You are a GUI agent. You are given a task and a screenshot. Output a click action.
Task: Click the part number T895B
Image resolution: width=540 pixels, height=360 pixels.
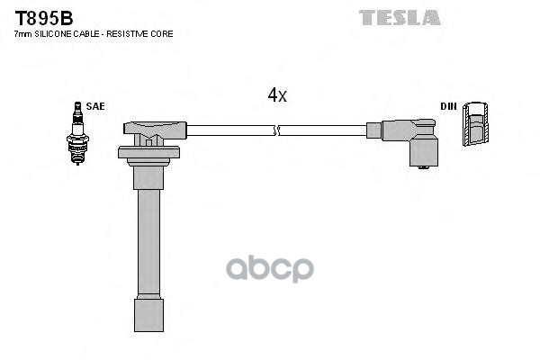pos(44,18)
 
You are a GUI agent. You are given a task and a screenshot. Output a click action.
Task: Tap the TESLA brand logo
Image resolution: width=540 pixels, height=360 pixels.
pos(400,18)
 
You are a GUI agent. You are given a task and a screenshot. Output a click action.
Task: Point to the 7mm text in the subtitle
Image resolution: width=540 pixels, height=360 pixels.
pos(22,34)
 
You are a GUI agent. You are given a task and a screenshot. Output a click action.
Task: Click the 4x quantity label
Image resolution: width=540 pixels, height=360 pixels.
pos(277,94)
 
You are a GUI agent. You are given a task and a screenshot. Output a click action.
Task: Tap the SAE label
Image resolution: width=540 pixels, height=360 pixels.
pos(95,106)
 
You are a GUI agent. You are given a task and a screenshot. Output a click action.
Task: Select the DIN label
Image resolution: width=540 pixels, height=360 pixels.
pos(448,106)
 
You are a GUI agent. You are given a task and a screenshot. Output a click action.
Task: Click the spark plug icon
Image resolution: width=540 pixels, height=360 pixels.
pos(77,133)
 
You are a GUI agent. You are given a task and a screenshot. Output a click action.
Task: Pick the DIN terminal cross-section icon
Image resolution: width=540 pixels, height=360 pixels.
pos(475,123)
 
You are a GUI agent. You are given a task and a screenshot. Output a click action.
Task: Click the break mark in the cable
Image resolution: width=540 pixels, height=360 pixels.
pos(277,130)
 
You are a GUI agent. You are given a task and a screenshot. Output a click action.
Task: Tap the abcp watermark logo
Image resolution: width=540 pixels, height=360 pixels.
pos(270,269)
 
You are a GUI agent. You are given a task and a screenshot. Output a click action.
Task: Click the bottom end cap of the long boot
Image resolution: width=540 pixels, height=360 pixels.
pos(148,315)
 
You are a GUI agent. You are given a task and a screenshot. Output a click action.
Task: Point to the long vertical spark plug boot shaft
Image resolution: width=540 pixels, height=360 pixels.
pos(148,242)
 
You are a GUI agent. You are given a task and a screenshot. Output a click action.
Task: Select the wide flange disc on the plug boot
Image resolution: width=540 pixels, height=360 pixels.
pos(148,152)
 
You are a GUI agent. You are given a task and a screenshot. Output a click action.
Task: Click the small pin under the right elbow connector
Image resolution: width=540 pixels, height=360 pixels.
pos(423,167)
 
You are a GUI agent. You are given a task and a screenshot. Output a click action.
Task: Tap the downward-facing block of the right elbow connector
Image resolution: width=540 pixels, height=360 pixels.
pos(423,150)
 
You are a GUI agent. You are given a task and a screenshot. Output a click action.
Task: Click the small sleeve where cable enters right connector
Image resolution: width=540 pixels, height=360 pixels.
pos(373,130)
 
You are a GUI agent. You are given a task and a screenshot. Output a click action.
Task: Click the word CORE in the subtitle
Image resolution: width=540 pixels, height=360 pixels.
pos(164,34)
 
